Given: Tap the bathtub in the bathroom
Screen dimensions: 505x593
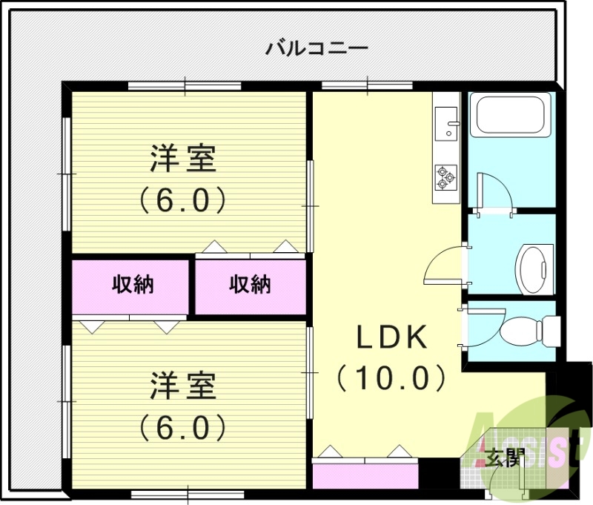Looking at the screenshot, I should point(510,116).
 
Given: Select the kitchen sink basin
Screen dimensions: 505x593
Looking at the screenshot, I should point(447,122).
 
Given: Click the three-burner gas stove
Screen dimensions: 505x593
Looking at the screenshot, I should point(446,177).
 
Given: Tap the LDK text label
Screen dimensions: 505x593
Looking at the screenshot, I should point(392,338).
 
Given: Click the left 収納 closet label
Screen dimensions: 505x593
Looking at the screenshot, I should point(133,284).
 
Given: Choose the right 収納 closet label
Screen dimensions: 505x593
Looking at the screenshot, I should point(250,284).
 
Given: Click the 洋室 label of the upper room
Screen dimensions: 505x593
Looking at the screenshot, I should point(183,159).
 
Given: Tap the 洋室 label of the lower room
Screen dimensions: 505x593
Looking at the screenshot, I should point(183,386).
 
